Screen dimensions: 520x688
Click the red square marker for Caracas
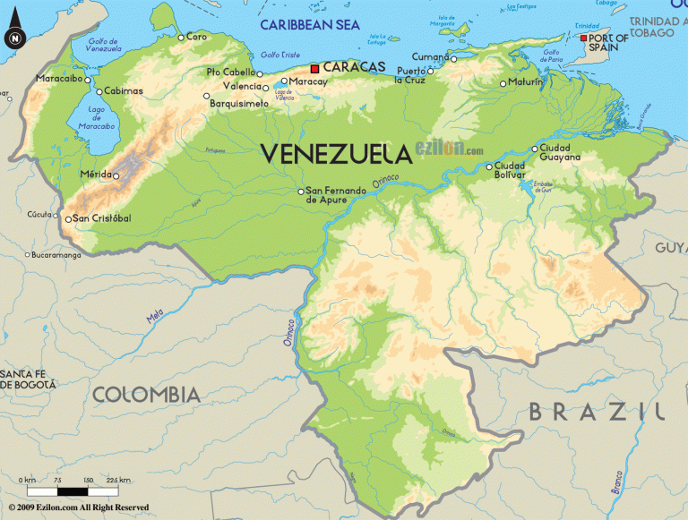[x=314, y=69]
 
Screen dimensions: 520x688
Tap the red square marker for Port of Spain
[x=583, y=38]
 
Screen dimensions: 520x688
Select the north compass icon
[x=14, y=38]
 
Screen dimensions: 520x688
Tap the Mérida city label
[x=95, y=175]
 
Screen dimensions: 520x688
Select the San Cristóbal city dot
[x=68, y=218]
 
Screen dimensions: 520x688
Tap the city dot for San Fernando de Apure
[x=301, y=191]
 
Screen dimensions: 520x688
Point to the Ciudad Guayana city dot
[x=535, y=149]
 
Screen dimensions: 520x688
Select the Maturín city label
[x=526, y=82]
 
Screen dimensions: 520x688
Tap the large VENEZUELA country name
[x=336, y=154]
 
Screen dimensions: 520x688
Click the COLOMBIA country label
[x=146, y=394]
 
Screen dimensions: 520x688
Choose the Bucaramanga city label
[x=56, y=255]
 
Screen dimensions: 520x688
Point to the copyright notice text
[x=75, y=507]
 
